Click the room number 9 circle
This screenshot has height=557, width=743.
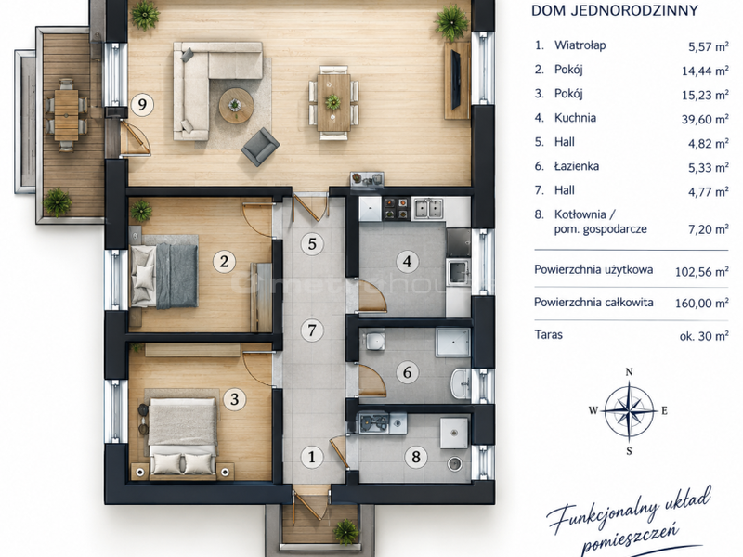pyautogui.click(x=142, y=104)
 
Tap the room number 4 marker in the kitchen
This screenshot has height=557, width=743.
pyautogui.click(x=408, y=261)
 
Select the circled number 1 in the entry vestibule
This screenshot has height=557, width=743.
pyautogui.click(x=312, y=457)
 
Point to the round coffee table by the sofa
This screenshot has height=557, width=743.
pyautogui.click(x=236, y=106)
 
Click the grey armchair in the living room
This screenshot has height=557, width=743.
pyautogui.click(x=260, y=147)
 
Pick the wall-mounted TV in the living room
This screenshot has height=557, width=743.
pyautogui.click(x=455, y=79)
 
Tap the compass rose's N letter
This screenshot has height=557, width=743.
pyautogui.click(x=630, y=372)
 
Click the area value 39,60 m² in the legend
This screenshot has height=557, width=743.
pyautogui.click(x=705, y=119)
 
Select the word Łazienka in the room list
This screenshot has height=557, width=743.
pyautogui.click(x=577, y=166)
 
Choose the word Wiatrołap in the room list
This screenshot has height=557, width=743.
pyautogui.click(x=580, y=45)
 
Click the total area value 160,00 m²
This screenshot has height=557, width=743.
pyautogui.click(x=702, y=303)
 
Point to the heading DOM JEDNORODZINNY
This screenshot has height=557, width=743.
pyautogui.click(x=615, y=10)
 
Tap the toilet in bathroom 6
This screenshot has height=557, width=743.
pyautogui.click(x=374, y=340)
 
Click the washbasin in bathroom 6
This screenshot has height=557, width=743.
pyautogui.click(x=461, y=382)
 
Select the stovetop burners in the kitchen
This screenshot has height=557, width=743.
pyautogui.click(x=396, y=208)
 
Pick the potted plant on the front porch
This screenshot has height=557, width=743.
pyautogui.click(x=345, y=531)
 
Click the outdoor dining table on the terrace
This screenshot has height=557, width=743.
pyautogui.click(x=66, y=115)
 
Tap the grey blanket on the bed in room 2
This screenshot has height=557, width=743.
pyautogui.click(x=176, y=276)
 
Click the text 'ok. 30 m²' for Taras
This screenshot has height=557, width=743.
pyautogui.click(x=704, y=336)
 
